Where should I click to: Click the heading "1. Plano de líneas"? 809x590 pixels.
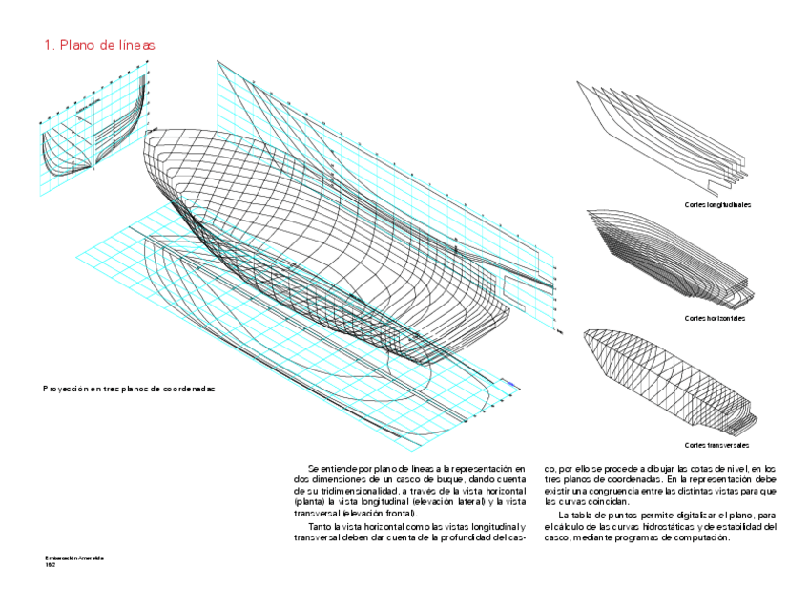tap(99, 45)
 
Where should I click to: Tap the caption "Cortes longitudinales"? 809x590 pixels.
tap(716, 205)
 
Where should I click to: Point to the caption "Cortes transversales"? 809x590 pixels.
tap(716, 446)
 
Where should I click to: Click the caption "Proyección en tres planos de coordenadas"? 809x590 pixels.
tap(130, 390)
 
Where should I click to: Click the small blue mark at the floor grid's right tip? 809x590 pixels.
tap(512, 385)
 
